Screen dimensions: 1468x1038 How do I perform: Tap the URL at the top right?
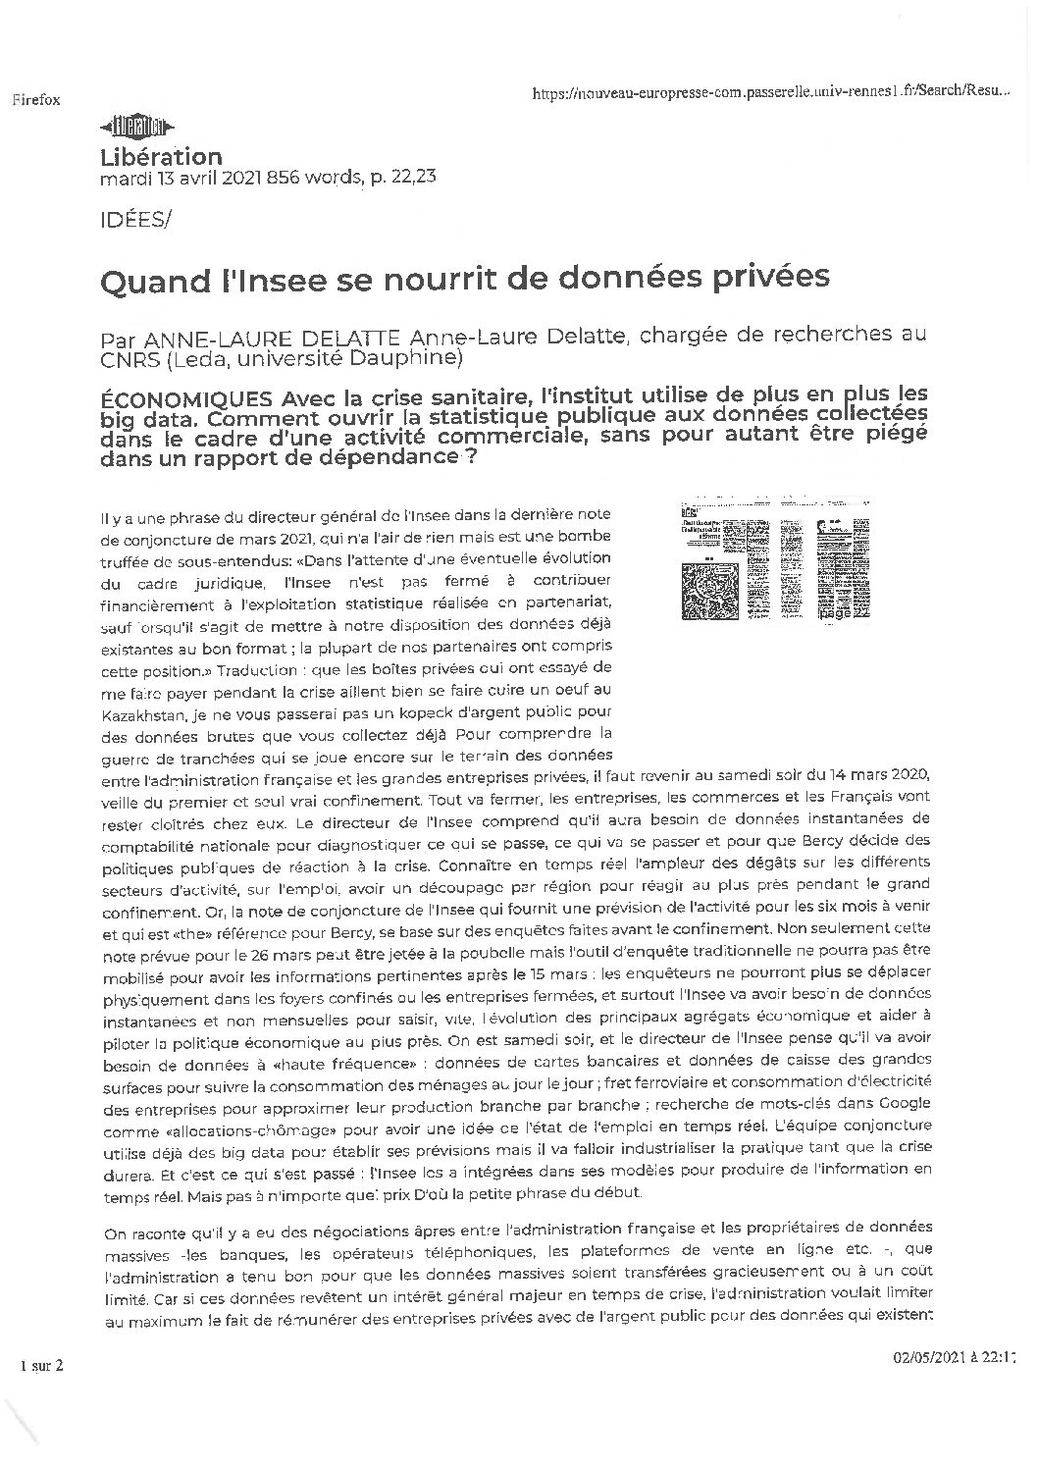[769, 91]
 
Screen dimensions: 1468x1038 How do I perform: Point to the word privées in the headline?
[776, 279]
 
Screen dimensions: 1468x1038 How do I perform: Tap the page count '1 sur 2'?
[41, 1366]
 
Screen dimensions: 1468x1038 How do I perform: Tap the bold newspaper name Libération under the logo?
[162, 156]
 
